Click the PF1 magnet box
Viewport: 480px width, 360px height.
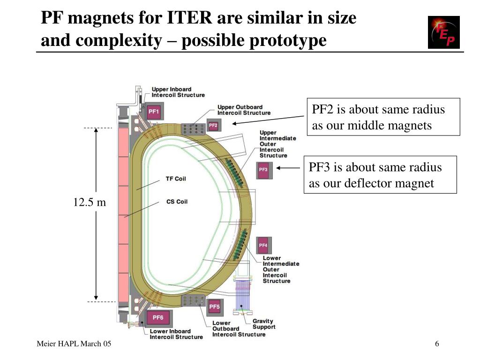tap(154, 112)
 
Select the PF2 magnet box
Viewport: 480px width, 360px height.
tap(213, 126)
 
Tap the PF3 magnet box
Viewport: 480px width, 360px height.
tap(263, 170)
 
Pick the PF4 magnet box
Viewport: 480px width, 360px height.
tap(263, 246)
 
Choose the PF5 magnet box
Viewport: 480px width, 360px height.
tap(214, 307)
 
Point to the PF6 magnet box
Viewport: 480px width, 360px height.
tap(158, 318)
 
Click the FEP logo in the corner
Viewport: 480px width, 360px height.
tap(443, 32)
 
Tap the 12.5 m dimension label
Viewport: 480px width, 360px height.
tap(89, 202)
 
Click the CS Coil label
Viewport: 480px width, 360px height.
tap(177, 202)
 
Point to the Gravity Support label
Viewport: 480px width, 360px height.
tap(264, 324)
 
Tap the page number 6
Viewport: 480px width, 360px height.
tap(437, 345)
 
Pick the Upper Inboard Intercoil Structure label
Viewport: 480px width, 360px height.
tap(178, 92)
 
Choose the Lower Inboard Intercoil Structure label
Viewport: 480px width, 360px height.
tap(176, 334)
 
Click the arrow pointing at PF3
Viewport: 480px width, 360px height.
tap(288, 168)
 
